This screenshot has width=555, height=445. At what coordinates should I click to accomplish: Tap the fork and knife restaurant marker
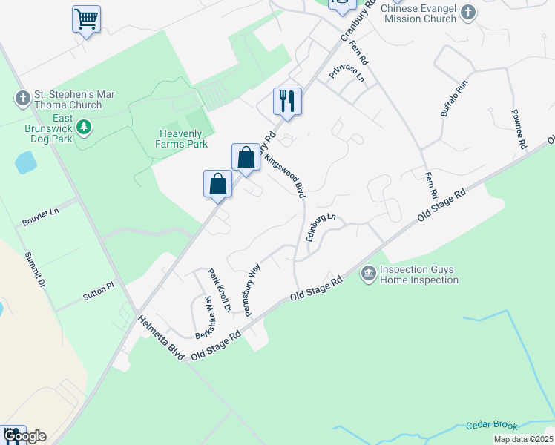point(287,101)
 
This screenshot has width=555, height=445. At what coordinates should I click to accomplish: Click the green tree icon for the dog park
point(85,127)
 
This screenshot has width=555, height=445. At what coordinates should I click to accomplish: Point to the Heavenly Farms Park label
point(181,139)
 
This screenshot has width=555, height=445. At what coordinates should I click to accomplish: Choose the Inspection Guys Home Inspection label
point(418,274)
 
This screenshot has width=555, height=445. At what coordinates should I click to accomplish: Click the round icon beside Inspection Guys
point(368,274)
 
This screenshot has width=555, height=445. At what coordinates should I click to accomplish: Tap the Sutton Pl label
point(99,289)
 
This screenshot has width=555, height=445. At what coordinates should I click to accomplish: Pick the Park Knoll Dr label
point(220,289)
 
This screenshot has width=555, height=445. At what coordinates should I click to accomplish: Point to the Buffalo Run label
point(455,98)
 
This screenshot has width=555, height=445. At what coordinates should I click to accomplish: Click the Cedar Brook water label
point(491,425)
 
